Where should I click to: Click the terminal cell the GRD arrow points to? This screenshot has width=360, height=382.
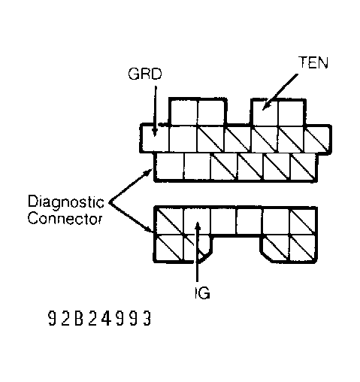click(x=155, y=138)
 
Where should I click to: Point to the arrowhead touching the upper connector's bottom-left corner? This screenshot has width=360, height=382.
click(x=150, y=171)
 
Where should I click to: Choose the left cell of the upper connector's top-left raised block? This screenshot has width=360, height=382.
click(x=183, y=111)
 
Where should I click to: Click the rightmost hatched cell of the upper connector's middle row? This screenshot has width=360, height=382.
click(x=316, y=138)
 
